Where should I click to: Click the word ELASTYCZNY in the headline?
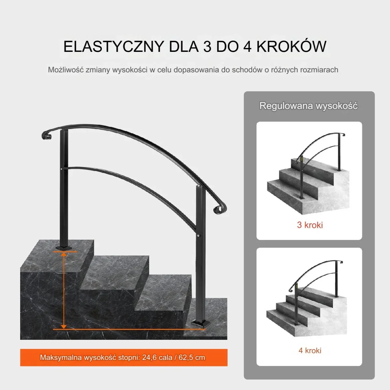click(x=114, y=47)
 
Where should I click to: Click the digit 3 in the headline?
click(x=207, y=47)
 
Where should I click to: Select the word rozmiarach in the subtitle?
click(x=319, y=70)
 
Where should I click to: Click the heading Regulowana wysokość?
click(x=309, y=106)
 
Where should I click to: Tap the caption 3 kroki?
click(x=310, y=225)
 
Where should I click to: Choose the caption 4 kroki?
click(x=310, y=351)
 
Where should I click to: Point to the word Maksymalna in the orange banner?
click(x=61, y=357)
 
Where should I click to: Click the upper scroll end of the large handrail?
click(x=46, y=135)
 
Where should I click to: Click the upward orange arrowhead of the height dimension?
click(x=64, y=254)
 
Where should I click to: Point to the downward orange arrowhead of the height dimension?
click(x=64, y=326)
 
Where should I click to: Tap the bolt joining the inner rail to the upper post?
click(x=62, y=169)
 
